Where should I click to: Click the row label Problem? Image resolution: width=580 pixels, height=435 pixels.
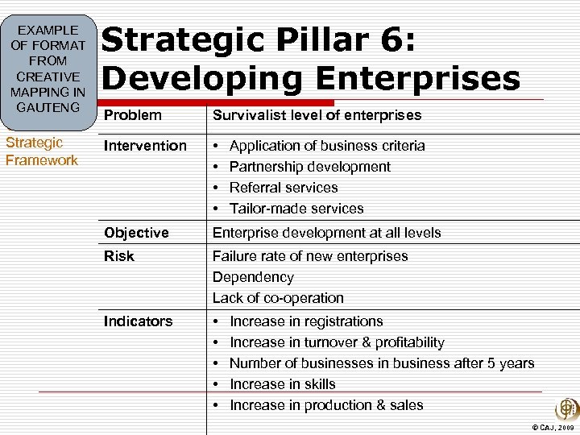[133, 115]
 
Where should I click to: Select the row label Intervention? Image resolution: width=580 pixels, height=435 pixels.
[144, 146]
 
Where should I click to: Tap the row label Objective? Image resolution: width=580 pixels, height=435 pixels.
[136, 233]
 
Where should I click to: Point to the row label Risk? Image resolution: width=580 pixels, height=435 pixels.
[118, 256]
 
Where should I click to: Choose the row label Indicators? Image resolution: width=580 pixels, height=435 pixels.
[138, 321]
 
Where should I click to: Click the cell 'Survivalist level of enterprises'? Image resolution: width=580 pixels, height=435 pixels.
[317, 115]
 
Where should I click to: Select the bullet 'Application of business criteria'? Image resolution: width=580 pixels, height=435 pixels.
[327, 146]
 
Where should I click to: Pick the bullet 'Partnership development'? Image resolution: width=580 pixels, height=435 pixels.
[310, 167]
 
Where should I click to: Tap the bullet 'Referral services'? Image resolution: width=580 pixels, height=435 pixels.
[284, 188]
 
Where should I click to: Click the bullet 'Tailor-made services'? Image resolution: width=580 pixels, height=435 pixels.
[296, 209]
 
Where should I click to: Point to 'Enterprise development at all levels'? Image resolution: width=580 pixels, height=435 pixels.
[326, 233]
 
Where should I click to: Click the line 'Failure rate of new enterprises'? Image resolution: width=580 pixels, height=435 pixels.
[310, 256]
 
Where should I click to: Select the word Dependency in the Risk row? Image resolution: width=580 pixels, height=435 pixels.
[253, 277]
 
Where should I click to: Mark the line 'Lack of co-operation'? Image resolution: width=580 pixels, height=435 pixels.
[278, 298]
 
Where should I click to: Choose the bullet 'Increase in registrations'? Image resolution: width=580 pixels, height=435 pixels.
[306, 321]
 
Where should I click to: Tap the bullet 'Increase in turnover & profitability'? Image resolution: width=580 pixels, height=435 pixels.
[337, 342]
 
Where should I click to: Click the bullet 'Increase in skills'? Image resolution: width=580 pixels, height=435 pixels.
[282, 384]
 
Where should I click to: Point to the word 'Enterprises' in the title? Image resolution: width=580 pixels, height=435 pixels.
[412, 79]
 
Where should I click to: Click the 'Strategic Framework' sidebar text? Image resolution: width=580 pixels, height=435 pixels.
[42, 151]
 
